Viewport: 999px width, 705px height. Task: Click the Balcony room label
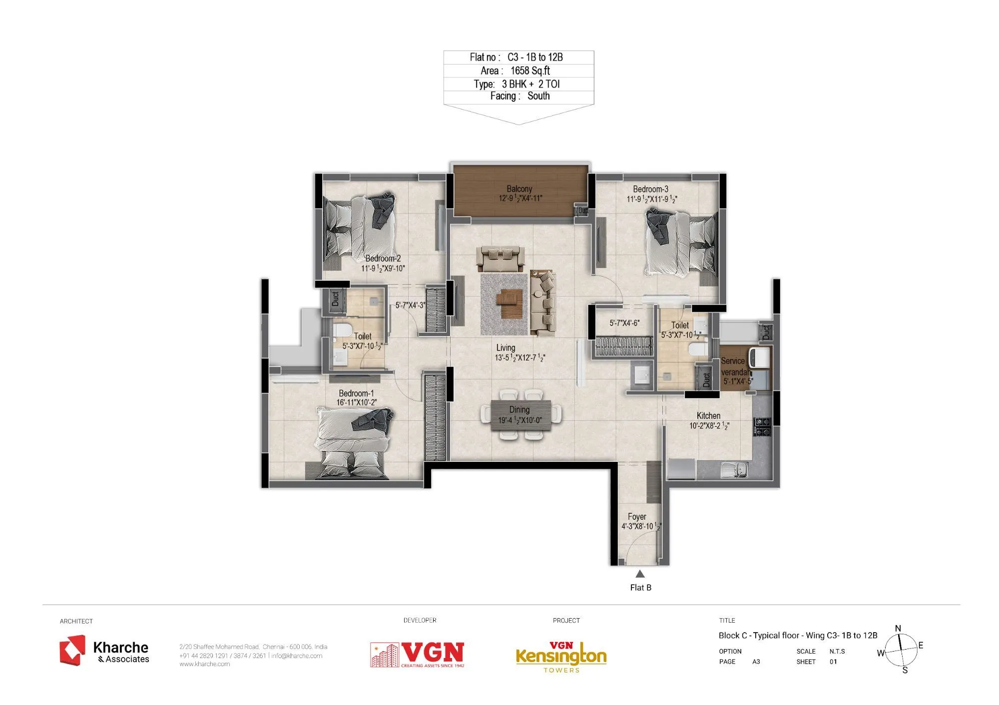(x=519, y=189)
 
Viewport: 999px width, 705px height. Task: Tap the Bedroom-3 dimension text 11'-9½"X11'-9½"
(x=651, y=199)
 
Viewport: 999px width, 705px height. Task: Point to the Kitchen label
(x=708, y=415)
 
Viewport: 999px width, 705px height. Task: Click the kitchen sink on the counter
(x=734, y=469)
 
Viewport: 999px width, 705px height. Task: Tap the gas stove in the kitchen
(x=762, y=427)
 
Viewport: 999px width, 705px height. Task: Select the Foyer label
(x=637, y=516)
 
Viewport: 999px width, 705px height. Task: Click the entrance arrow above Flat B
(x=640, y=574)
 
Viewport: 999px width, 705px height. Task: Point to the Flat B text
(x=640, y=588)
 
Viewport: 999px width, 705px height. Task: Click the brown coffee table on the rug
(x=509, y=303)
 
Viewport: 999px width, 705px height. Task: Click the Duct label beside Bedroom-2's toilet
(x=335, y=299)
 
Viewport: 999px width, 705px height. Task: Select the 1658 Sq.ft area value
(x=530, y=70)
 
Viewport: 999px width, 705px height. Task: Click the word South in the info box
(x=538, y=96)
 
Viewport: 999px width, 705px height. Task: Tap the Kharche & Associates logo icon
(x=72, y=650)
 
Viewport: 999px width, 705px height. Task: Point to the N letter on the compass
(x=898, y=629)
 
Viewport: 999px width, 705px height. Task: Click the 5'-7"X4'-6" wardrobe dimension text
(x=624, y=323)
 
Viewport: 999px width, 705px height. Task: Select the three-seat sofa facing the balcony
(x=500, y=259)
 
